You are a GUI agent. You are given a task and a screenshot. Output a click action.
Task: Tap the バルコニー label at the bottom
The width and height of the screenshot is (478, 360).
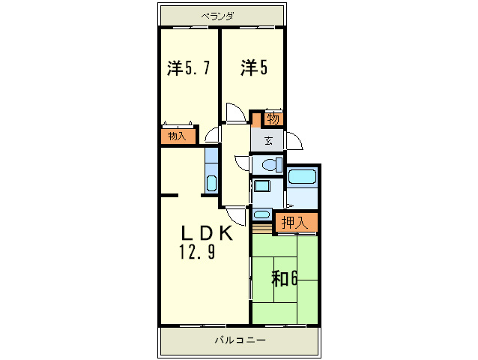(x=240, y=340)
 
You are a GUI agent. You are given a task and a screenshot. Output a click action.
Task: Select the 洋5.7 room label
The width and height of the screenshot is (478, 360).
(x=187, y=68)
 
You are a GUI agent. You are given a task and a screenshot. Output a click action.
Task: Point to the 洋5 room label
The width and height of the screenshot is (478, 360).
(x=253, y=68)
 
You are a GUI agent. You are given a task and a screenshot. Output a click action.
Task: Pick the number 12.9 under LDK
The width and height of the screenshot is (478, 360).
(x=197, y=253)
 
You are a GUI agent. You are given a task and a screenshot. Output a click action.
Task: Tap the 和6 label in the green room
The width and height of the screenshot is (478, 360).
(x=285, y=279)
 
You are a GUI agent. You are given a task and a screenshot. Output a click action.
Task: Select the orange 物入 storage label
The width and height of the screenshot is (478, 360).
(x=178, y=136)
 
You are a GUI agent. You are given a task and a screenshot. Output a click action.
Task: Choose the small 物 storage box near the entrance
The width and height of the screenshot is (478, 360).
(x=273, y=119)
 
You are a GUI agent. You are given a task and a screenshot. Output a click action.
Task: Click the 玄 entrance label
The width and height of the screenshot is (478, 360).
(x=268, y=140)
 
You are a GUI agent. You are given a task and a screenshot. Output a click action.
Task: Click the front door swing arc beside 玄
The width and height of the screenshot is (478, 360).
(x=293, y=142)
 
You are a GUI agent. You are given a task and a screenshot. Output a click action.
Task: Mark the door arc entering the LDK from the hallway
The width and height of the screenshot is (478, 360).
(x=238, y=214)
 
